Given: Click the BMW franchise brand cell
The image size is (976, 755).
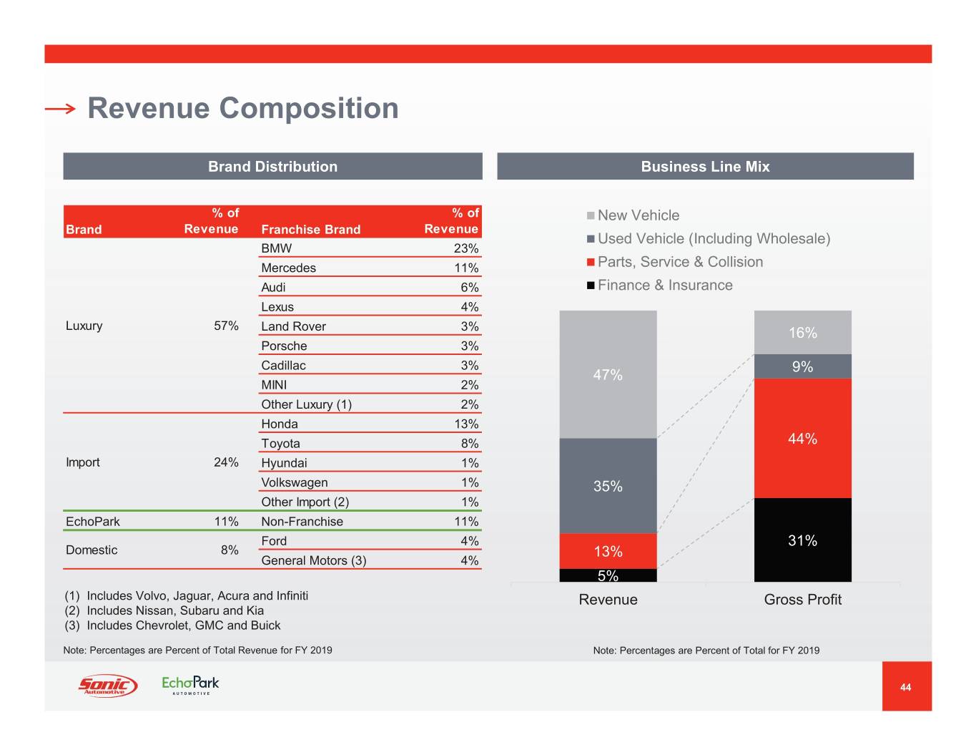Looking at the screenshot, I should click(277, 248).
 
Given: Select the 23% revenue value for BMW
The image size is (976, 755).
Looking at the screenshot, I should click(465, 248).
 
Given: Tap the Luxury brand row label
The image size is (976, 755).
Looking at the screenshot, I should click(84, 326).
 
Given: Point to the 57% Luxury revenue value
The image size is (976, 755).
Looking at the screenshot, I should click(226, 326).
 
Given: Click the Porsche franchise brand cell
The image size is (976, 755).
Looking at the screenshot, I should click(284, 346).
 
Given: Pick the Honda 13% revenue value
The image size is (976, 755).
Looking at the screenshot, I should click(466, 424).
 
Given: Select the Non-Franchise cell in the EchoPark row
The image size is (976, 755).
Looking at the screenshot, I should click(302, 522).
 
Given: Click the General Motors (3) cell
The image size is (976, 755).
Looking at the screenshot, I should click(313, 560).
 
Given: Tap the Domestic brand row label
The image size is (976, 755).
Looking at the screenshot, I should click(92, 550).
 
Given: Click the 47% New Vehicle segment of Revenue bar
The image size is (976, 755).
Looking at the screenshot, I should click(608, 374).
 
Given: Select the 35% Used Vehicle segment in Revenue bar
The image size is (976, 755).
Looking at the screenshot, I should click(608, 486).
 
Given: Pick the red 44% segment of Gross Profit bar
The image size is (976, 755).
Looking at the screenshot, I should click(802, 439).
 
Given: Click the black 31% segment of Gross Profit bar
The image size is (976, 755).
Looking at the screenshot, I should click(802, 540).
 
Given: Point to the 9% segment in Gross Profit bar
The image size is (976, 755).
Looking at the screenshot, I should click(802, 366).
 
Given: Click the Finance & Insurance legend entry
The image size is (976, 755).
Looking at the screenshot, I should click(664, 285).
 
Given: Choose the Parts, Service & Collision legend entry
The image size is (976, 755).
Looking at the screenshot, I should click(679, 262).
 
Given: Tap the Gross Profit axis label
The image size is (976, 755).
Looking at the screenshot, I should click(802, 600).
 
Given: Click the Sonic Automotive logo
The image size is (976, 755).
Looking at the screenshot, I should click(107, 686).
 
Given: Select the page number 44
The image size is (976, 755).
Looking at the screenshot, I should click(905, 687).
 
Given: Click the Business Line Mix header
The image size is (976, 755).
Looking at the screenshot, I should click(705, 167).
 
